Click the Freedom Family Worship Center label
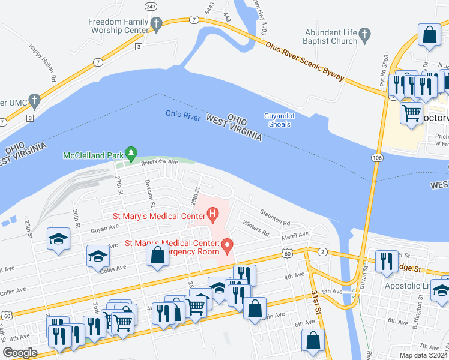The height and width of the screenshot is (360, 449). click(118, 26)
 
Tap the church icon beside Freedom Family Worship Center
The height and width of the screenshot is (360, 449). click(157, 25)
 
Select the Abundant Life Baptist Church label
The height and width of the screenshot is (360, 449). click(331, 37)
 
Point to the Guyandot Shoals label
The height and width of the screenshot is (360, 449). click(277, 120)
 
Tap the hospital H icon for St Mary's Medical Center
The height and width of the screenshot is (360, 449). click(212, 213)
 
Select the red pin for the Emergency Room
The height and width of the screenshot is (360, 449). click(227, 245)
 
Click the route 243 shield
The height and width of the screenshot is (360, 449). click(150, 6)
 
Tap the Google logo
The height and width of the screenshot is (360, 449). click(20, 352)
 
